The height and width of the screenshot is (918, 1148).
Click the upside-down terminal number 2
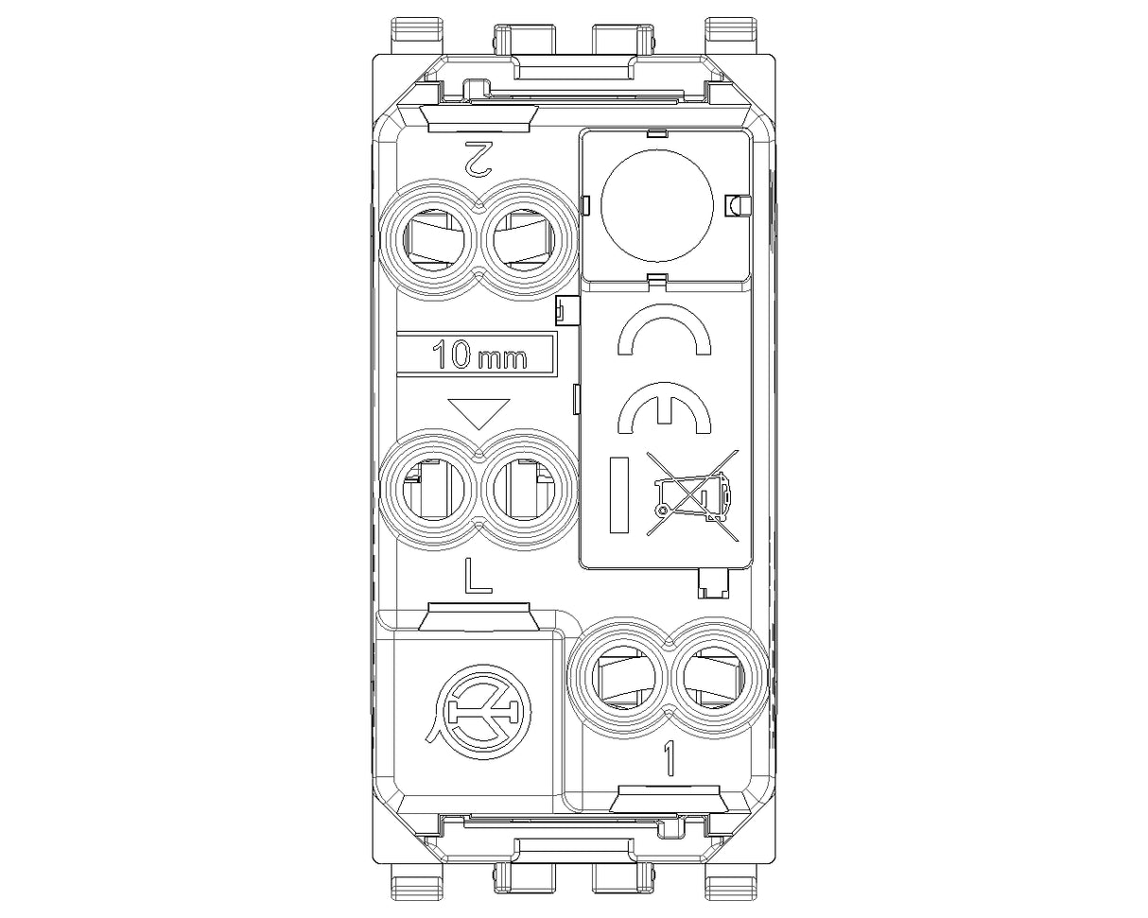pyautogui.click(x=478, y=159)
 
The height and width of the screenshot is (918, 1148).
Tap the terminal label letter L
pyautogui.click(x=478, y=576)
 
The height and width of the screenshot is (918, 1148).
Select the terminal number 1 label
pyautogui.click(x=669, y=758)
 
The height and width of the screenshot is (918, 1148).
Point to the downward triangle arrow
pyautogui.click(x=479, y=413)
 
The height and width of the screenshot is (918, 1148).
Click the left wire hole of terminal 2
pyautogui.click(x=434, y=240)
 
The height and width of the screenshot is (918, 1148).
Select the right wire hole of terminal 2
pyautogui.click(x=523, y=240)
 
